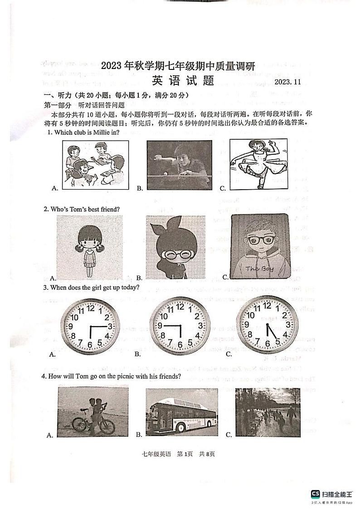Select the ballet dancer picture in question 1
[x=258, y=164]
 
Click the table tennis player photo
[x=179, y=165]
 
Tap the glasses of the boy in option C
[x=260, y=240]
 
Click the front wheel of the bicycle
[x=79, y=425]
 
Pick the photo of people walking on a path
[x=268, y=412]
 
